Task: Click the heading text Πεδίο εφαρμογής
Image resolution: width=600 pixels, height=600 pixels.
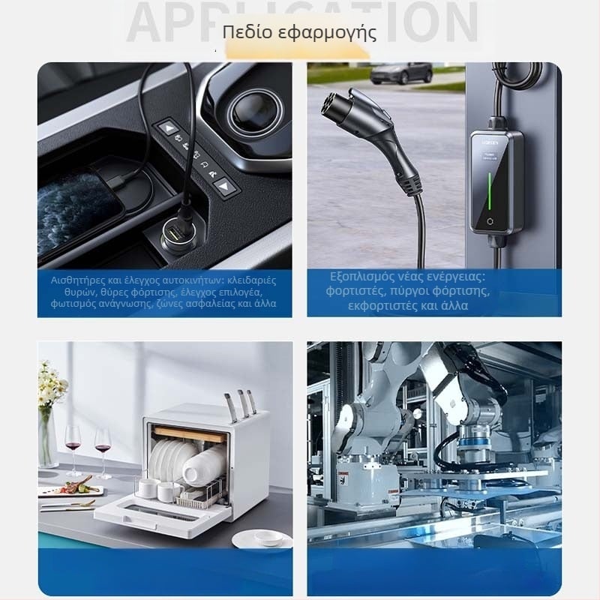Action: (x=299, y=34)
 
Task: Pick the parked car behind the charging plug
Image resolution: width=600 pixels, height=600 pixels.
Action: (x=401, y=73)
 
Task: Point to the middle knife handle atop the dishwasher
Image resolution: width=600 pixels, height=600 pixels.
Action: (x=242, y=402)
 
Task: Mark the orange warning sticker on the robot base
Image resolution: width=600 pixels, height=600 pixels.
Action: (x=343, y=480)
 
